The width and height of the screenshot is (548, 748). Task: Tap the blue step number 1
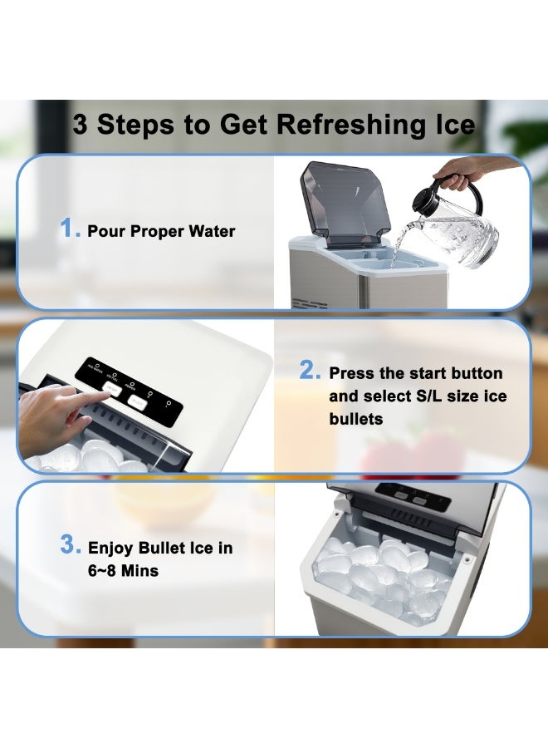[70, 229]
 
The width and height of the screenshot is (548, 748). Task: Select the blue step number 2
[310, 372]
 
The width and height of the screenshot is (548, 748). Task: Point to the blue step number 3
[70, 546]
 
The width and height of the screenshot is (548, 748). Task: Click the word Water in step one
[211, 231]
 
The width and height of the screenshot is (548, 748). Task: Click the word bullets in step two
[356, 419]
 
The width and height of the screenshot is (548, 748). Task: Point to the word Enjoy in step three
[112, 549]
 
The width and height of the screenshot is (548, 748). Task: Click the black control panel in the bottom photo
[411, 497]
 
